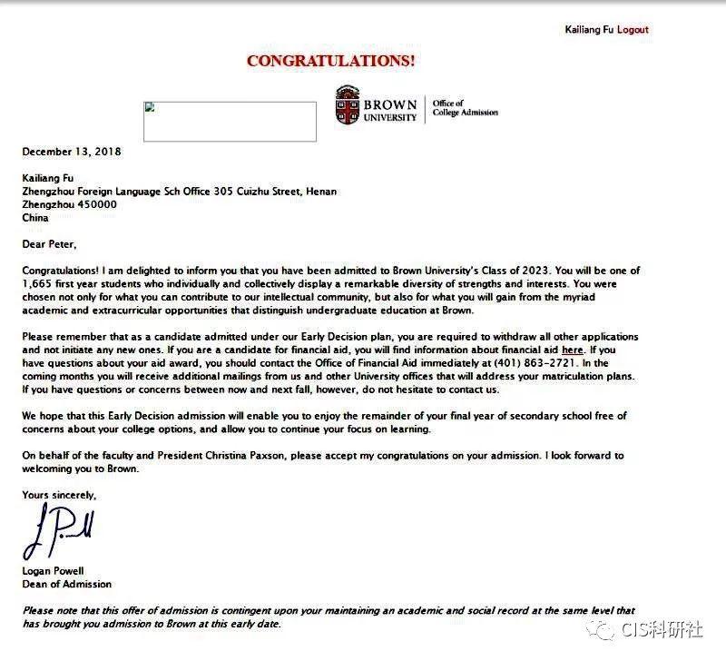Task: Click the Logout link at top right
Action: pyautogui.click(x=633, y=29)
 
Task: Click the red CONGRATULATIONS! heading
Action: pyautogui.click(x=331, y=62)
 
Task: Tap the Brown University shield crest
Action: pyautogui.click(x=347, y=104)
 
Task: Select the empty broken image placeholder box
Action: pyautogui.click(x=230, y=121)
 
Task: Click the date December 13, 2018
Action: pyautogui.click(x=72, y=152)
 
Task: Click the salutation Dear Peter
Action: pyautogui.click(x=51, y=244)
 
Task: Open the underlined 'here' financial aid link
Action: pyautogui.click(x=572, y=350)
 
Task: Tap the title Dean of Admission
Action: pyautogui.click(x=67, y=584)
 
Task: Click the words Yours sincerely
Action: pyautogui.click(x=59, y=495)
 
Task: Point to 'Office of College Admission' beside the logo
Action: pyautogui.click(x=465, y=108)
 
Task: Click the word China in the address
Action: pyautogui.click(x=35, y=218)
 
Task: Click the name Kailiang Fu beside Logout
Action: pyautogui.click(x=589, y=29)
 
